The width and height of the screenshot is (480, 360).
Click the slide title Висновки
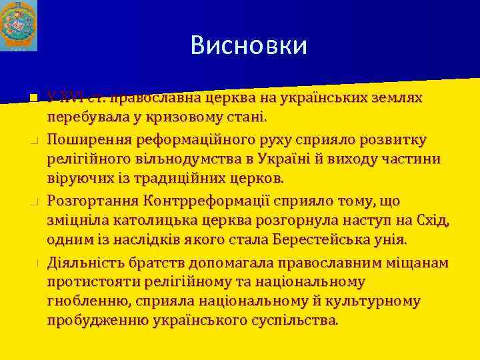tap(249, 45)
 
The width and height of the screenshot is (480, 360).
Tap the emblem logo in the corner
tap(19, 25)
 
